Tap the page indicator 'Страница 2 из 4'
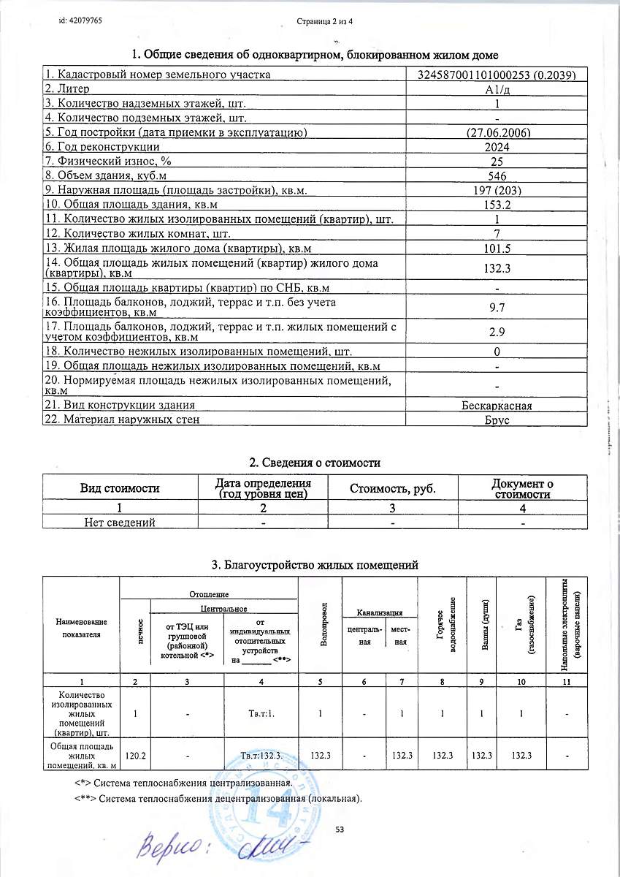[325, 21]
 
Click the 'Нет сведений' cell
[120, 522]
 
